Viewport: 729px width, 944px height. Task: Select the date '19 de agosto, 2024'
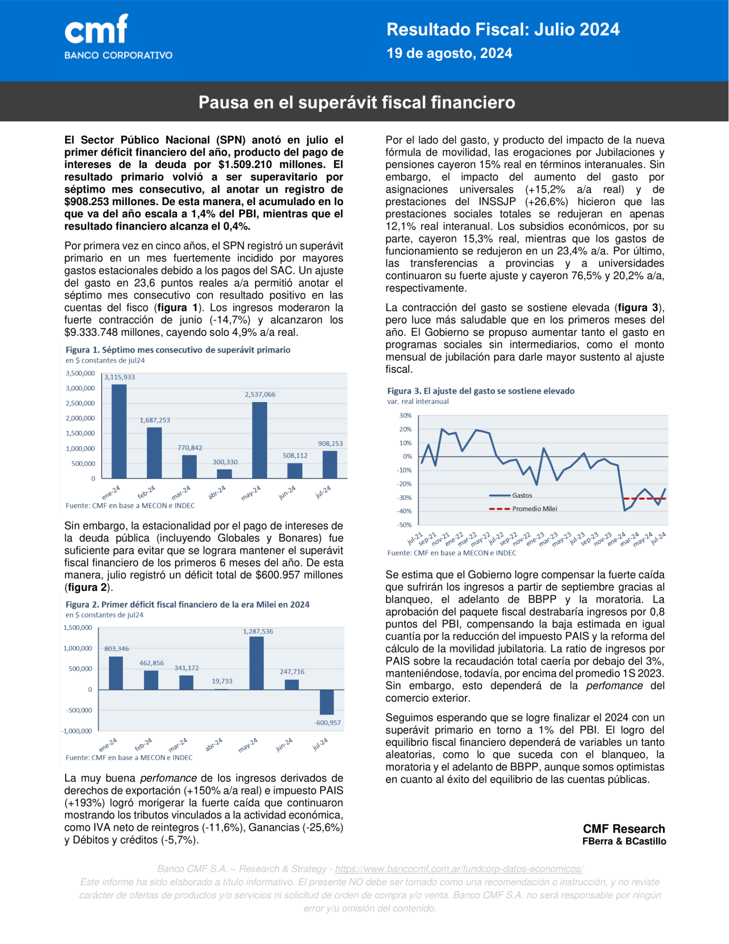coord(449,53)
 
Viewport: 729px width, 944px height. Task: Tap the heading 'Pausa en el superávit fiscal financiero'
coord(357,102)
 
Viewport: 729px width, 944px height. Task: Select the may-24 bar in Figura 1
coord(260,440)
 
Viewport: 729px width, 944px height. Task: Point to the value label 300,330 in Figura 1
coord(225,462)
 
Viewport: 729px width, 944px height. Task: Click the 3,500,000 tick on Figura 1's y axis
coord(80,373)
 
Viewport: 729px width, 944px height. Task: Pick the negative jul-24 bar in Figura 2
coord(327,702)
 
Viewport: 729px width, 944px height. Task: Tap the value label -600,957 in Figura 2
coord(327,722)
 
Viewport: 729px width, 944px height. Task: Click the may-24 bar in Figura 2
coord(257,663)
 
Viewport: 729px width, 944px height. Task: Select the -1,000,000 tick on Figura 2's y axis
coord(77,731)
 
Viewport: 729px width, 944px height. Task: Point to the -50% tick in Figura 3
coord(405,525)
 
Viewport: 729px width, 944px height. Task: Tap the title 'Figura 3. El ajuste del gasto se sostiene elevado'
coord(481,391)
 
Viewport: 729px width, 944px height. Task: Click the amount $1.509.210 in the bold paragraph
coord(245,165)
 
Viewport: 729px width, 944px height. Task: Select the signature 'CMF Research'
coord(624,829)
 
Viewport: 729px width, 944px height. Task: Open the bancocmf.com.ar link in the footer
coord(459,869)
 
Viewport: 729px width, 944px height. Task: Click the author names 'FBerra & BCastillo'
coord(624,841)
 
